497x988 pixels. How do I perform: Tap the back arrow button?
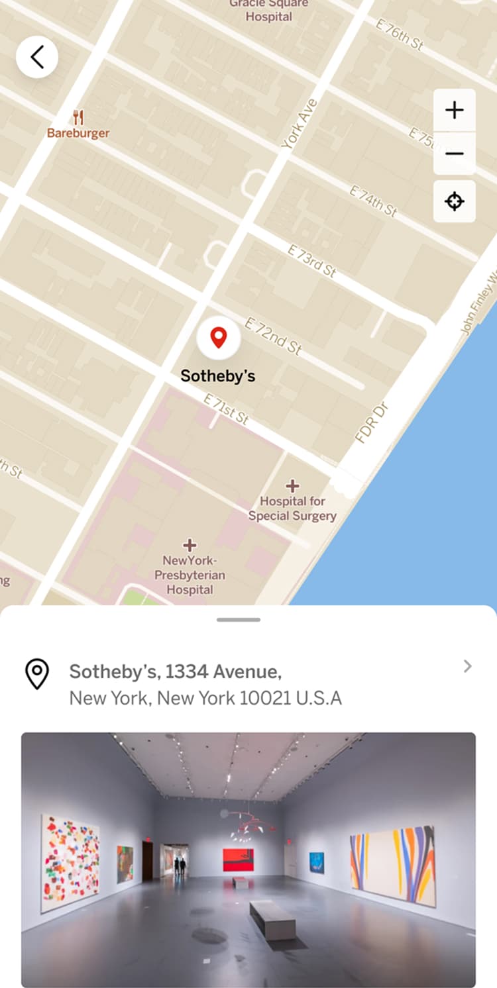37,57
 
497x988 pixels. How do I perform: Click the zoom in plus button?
454,110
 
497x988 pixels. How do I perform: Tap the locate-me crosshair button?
454,201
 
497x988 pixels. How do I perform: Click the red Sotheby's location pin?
218,338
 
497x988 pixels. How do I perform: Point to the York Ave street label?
300,123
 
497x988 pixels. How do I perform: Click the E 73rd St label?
312,260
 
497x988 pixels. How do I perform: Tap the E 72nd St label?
273,336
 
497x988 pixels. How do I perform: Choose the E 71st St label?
226,409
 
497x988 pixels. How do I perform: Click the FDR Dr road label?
370,422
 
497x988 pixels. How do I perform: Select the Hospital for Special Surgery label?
292,508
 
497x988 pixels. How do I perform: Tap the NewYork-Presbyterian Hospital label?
190,574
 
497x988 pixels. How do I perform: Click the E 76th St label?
400,34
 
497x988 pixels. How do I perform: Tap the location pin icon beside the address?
37,674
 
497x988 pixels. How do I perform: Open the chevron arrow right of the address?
468,666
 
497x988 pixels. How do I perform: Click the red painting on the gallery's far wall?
238,860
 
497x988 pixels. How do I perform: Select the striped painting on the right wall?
393,865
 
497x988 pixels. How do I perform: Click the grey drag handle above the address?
239,620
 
